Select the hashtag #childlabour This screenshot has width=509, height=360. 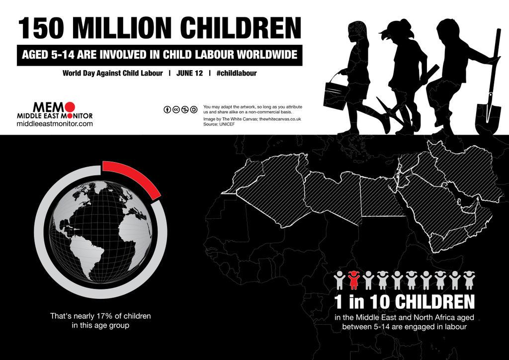(237, 73)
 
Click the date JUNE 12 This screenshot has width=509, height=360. (189, 73)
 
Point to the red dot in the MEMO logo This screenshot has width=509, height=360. (70, 106)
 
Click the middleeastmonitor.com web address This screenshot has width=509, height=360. (55, 124)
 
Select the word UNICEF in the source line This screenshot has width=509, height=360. (227, 124)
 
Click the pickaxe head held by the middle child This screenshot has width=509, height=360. (386, 107)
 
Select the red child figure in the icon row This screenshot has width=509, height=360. (353, 280)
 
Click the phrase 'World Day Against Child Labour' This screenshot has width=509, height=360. (112, 73)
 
